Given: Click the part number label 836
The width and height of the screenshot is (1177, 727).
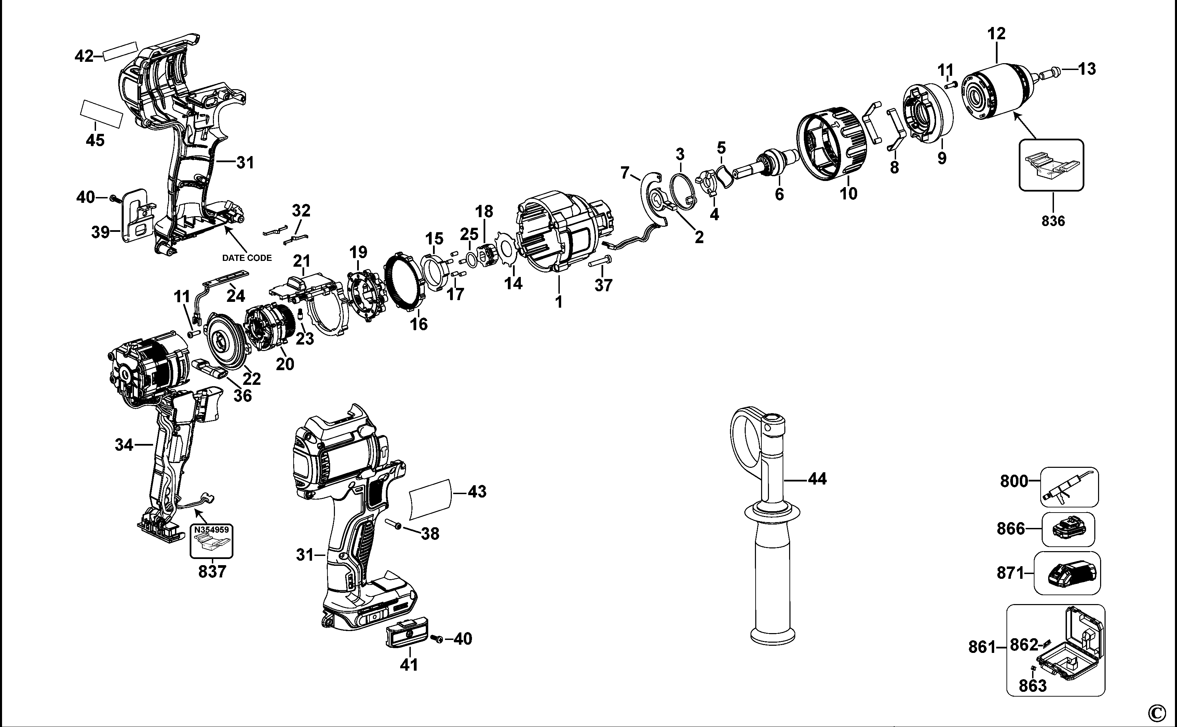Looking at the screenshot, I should (x=1053, y=221).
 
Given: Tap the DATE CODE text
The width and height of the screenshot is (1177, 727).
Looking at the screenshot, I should (x=246, y=258).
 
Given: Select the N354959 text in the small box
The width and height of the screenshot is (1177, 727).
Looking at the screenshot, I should (x=212, y=530).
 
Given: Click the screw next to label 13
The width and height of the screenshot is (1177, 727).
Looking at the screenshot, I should (x=1049, y=73).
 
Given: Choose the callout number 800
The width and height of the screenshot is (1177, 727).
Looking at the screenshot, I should (x=1014, y=481).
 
